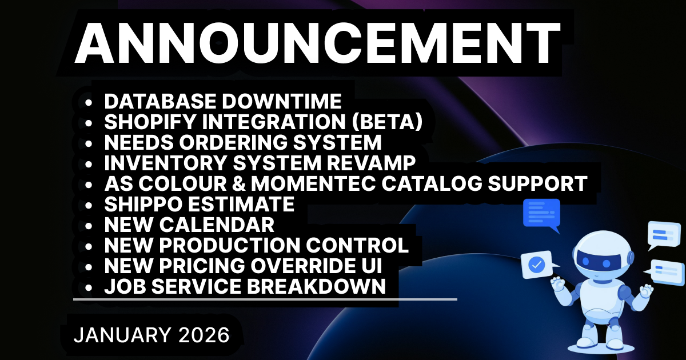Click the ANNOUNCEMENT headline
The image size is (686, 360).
coord(318,42)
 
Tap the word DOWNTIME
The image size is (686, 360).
coord(282,101)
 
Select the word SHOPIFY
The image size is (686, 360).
coord(150,122)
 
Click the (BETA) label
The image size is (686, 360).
coord(388,122)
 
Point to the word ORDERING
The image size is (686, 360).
coord(233,142)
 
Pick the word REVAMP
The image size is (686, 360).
coord(371,163)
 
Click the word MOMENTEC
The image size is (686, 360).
coord(313,183)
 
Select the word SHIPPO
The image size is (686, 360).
coord(143,204)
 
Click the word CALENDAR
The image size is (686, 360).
coord(217,225)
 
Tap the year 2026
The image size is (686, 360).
coord(204,335)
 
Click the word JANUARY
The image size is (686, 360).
coord(122,335)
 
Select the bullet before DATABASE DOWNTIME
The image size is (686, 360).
coord(89,102)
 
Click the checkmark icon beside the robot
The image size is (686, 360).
coord(537,265)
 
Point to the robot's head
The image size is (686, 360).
coord(603,256)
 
